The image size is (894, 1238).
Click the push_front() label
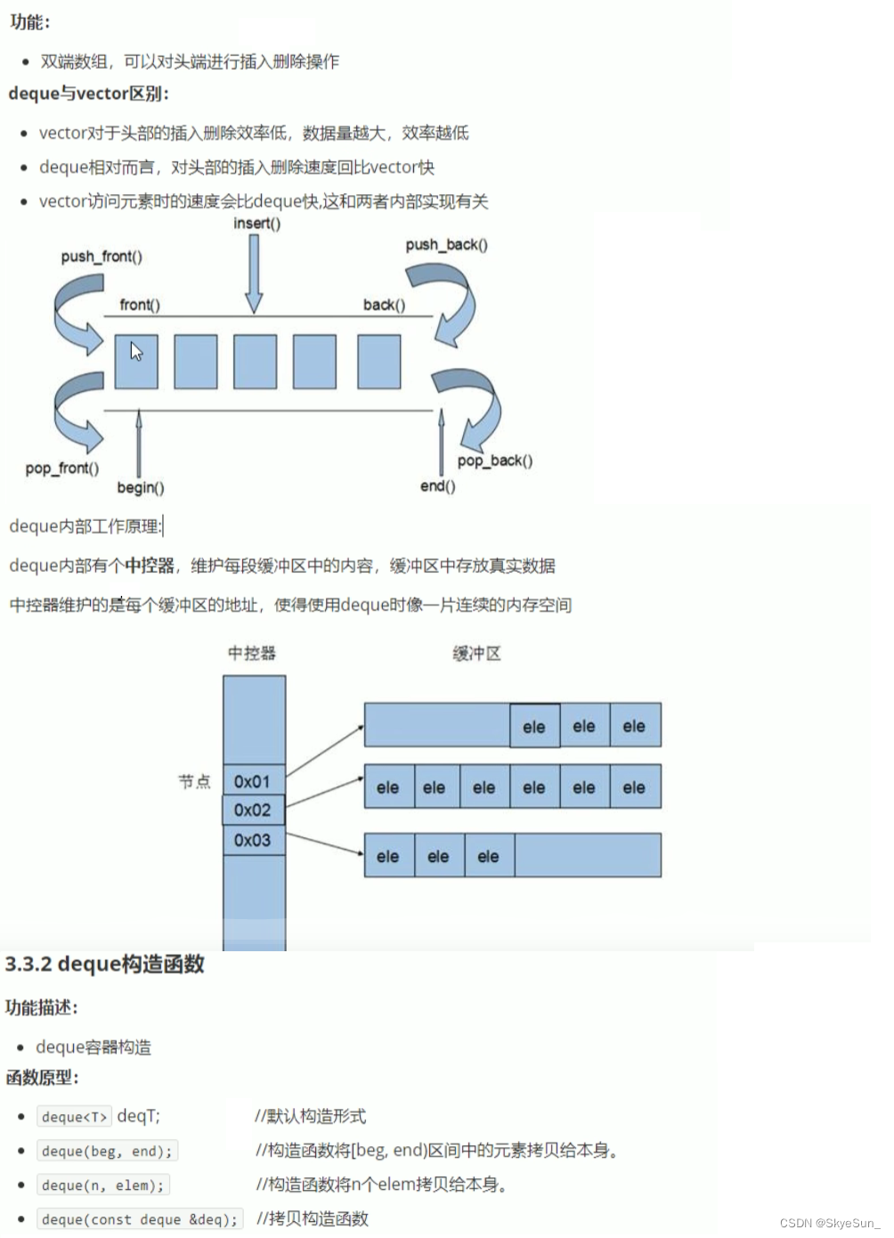(102, 257)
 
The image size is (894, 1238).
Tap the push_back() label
(446, 244)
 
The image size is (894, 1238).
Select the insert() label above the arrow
(256, 223)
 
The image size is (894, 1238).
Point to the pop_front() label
(62, 468)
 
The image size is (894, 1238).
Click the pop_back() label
(495, 460)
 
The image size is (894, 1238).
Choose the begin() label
(141, 487)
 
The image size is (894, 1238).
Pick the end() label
(437, 485)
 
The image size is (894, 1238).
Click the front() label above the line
(140, 305)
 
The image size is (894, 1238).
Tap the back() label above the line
(384, 305)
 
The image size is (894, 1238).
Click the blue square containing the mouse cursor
(136, 362)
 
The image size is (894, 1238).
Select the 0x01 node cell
(253, 781)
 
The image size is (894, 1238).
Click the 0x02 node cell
(253, 810)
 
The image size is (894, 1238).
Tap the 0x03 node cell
(253, 840)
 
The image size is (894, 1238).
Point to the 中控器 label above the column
(252, 653)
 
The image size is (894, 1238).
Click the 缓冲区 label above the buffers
(476, 653)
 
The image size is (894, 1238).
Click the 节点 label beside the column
(194, 781)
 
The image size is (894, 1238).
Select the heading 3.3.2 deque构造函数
(105, 964)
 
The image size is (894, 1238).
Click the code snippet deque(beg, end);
(107, 1151)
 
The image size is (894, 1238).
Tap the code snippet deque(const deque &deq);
(140, 1219)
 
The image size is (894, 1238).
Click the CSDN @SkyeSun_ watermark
(829, 1223)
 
